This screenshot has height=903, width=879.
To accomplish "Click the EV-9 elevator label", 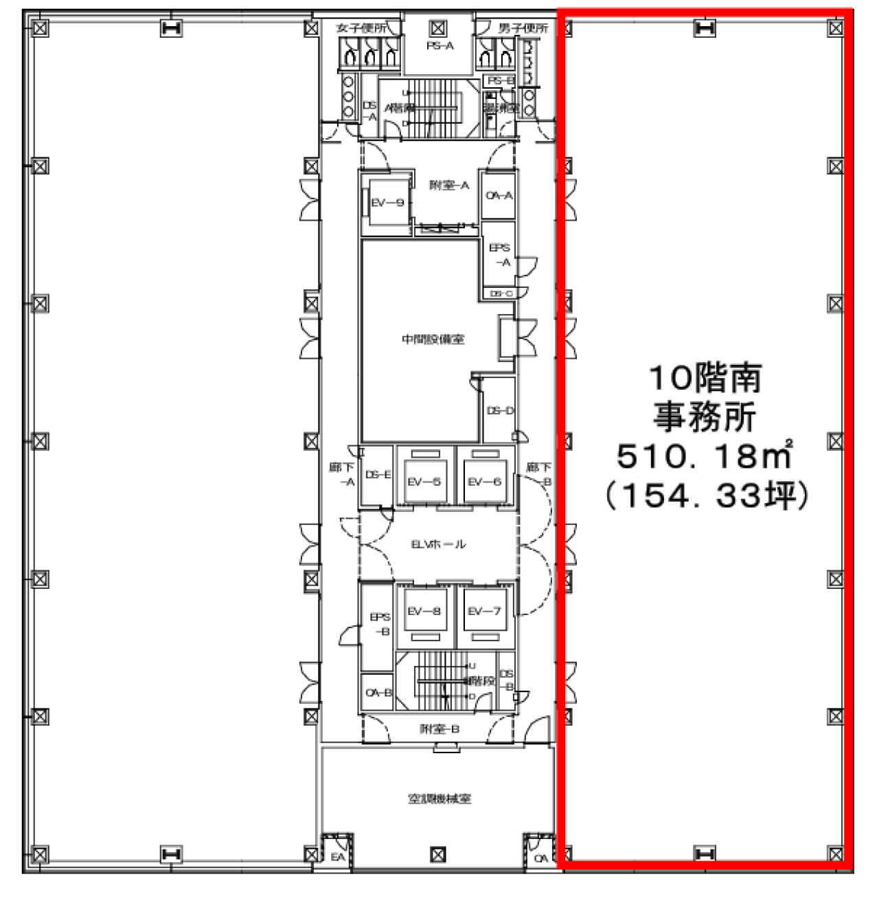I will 387,203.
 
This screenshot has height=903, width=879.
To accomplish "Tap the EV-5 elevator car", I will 424,482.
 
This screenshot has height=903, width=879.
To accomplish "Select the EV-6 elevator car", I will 484,482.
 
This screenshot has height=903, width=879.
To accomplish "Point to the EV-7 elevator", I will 484,611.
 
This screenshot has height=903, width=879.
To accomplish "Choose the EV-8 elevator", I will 424,611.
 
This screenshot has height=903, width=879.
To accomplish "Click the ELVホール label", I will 438,544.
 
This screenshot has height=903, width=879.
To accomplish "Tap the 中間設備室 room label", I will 433,339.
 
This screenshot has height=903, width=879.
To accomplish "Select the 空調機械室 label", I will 439,799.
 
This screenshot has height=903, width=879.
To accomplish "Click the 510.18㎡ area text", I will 705,455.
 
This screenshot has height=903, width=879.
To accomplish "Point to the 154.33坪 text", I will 705,495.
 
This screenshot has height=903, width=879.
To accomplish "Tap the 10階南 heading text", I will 705,378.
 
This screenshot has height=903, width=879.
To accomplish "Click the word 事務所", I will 705,416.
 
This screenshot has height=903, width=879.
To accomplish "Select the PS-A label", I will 439,46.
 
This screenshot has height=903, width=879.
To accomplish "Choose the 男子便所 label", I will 523,28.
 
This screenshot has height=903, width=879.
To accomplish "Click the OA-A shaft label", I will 499,196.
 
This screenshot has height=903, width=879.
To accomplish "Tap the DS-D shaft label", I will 500,411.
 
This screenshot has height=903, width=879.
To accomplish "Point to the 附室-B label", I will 439,728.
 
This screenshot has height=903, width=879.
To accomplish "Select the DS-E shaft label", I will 378,475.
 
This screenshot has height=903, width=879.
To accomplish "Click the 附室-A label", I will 448,186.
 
